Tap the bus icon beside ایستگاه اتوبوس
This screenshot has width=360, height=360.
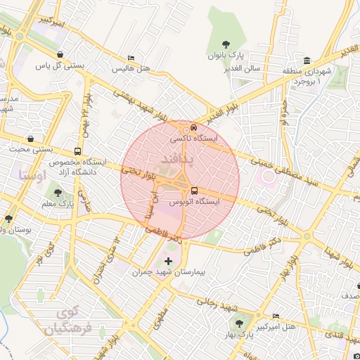click(x=194, y=190)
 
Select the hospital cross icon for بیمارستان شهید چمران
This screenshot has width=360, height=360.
click(x=167, y=261)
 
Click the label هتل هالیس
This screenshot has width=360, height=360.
click(x=130, y=70)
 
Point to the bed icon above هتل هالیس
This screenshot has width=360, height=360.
click(x=131, y=58)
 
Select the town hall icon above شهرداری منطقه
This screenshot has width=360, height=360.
click(x=307, y=60)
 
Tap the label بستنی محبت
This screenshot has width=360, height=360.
click(x=26, y=150)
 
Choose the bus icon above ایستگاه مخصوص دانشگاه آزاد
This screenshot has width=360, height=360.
click(x=77, y=150)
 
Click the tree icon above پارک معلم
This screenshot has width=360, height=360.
click(x=58, y=193)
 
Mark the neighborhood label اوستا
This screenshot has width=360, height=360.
click(x=32, y=174)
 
